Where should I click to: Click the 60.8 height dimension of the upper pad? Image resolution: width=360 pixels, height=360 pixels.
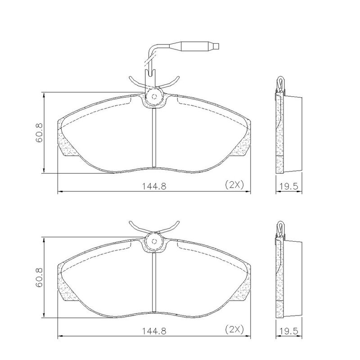[x=39, y=133]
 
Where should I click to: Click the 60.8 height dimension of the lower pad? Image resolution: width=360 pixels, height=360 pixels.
[x=39, y=277]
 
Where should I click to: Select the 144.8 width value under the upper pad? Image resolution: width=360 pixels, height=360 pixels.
[x=154, y=186]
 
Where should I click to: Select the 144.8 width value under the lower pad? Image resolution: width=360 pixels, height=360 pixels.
[x=154, y=331]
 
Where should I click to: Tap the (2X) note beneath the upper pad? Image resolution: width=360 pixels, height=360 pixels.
[x=234, y=184]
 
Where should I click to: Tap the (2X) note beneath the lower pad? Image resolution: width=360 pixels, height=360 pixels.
[x=234, y=329]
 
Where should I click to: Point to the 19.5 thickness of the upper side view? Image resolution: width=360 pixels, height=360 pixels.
[x=288, y=186]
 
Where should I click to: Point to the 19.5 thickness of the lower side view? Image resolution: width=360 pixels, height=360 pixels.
[x=288, y=331]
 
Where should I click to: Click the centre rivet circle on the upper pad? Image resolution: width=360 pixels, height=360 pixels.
[x=154, y=96]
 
